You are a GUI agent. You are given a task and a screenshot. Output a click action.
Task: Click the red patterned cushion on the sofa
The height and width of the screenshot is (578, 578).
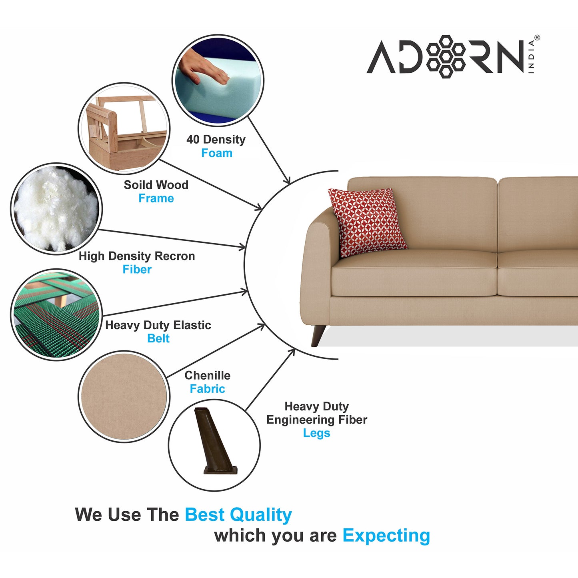(368, 222)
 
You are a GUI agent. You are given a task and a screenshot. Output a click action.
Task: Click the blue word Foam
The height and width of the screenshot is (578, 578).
(217, 153)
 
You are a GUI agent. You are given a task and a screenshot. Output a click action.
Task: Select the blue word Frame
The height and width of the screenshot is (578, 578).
(156, 198)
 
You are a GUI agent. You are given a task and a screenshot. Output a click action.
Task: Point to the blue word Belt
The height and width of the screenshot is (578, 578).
(158, 338)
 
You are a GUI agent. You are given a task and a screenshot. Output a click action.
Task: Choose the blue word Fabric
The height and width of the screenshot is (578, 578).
(207, 389)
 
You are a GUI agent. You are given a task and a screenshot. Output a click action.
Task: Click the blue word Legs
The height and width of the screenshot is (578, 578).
(316, 433)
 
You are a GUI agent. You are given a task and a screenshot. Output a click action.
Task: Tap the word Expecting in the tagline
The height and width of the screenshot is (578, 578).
(386, 536)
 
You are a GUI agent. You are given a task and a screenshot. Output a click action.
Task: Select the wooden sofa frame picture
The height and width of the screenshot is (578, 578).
(124, 128)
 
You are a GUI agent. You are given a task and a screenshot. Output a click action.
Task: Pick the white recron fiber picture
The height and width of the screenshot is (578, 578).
(56, 209)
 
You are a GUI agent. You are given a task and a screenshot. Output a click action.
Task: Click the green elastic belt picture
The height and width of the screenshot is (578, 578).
(56, 315)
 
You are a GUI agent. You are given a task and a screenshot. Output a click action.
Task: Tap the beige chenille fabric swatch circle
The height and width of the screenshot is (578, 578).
(124, 396)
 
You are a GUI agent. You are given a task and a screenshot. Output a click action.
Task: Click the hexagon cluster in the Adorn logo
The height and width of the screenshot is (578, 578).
(446, 57)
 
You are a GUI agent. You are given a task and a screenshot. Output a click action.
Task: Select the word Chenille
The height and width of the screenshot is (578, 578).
(208, 375)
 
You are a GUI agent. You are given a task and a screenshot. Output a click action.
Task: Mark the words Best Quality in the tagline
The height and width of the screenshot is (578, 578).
(238, 515)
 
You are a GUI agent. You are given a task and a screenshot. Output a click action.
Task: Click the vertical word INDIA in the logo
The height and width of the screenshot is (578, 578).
(531, 57)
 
